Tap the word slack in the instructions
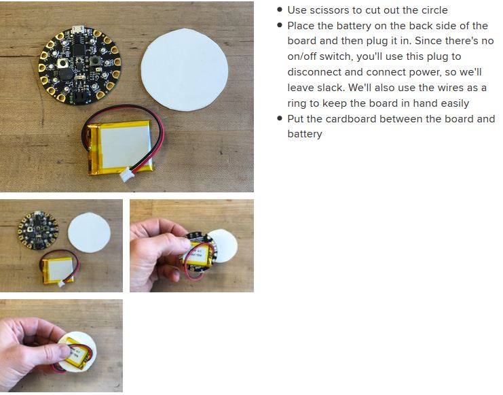(x=332, y=88)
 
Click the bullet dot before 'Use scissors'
(x=280, y=10)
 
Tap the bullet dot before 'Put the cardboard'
(x=280, y=118)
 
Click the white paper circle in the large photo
(x=185, y=70)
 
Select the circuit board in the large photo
(x=80, y=65)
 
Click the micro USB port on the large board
(x=78, y=29)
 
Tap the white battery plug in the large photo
(x=124, y=174)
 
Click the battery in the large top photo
(x=120, y=148)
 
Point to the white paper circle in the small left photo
(x=89, y=233)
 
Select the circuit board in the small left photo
(x=38, y=230)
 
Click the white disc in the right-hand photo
(x=225, y=246)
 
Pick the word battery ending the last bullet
(x=305, y=134)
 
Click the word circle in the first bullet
(x=434, y=10)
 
